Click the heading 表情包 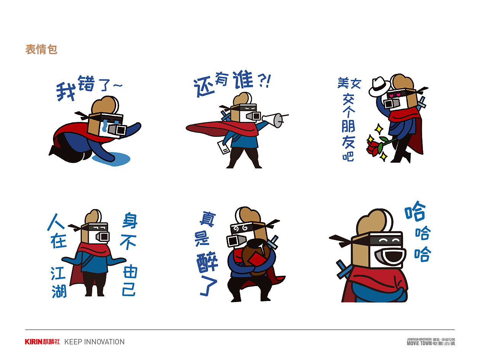point(41,50)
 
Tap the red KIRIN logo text point(34,342)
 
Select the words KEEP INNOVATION point(94,342)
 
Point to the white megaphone point(274,120)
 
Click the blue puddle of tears point(112,159)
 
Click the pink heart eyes point(395,95)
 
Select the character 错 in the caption point(86,83)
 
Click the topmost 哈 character point(415,211)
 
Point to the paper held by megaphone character point(224,147)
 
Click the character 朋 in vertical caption point(348,126)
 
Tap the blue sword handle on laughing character point(344,270)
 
